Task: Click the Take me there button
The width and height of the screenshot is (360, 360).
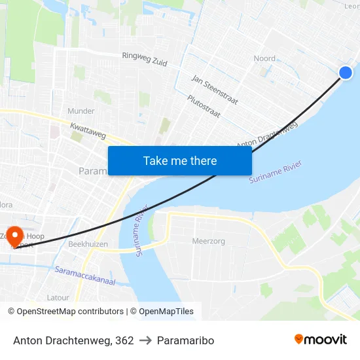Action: coord(180,160)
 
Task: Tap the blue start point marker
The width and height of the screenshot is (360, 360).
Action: coord(346,73)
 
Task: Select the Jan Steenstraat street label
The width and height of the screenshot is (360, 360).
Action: coord(214,90)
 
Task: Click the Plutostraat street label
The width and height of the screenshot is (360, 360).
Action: coord(204,107)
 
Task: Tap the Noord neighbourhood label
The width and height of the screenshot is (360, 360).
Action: coord(264,58)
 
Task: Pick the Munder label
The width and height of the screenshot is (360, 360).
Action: coord(81,111)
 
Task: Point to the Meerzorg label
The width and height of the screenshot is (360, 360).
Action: coord(208,241)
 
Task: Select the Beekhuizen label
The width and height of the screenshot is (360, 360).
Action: coord(88,243)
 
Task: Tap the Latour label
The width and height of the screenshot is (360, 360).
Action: coord(58,297)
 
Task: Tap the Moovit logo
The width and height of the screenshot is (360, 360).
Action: coord(321,339)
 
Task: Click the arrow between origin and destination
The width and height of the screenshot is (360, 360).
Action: coord(145,340)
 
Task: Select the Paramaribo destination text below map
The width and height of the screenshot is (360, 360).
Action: coord(185,340)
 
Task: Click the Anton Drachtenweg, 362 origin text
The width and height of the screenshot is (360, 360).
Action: coord(73,340)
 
